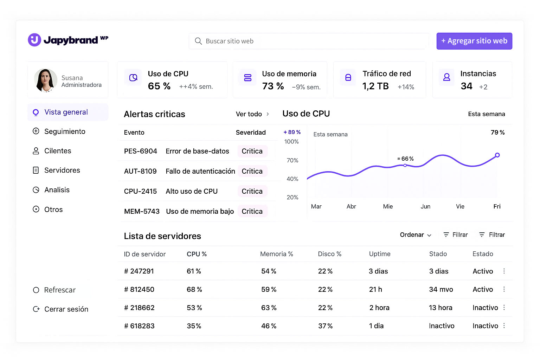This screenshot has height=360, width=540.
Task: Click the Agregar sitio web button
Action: coord(474,41)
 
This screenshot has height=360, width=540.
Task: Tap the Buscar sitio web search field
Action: coord(309,41)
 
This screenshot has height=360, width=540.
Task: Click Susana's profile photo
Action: coord(46,80)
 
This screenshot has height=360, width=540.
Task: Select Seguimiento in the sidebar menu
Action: coord(65,131)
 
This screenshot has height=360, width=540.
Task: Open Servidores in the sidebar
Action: coord(62,170)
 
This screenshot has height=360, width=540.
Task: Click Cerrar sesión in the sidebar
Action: coord(66,309)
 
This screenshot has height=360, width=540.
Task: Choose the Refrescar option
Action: coord(60,290)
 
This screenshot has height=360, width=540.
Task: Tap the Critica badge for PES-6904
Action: coord(252,151)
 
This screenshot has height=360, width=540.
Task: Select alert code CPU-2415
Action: coord(140,191)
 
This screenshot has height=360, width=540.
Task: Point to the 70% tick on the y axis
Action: coord(292,160)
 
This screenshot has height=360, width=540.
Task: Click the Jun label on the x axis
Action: coord(425,206)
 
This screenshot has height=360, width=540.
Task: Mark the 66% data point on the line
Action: coord(405,165)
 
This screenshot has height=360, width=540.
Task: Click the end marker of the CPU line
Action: coord(497,155)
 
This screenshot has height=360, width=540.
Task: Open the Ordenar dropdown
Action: coord(416,235)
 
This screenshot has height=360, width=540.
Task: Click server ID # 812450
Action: coord(139,289)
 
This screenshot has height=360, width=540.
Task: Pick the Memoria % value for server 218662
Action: coord(269,308)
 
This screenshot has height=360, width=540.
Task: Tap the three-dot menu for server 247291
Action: coord(504,271)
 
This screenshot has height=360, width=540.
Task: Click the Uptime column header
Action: coord(380,254)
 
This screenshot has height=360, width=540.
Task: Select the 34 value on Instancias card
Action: coord(467,86)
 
